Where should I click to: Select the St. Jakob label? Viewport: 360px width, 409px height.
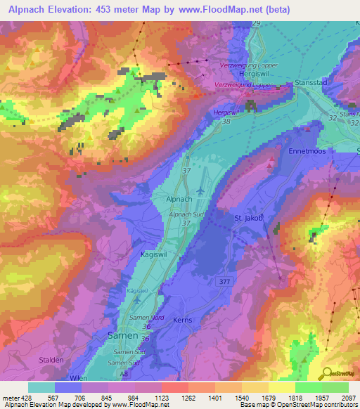248,219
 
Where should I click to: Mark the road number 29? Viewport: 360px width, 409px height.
256,24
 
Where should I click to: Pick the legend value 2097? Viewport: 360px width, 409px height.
347,397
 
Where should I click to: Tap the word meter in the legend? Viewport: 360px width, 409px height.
11,397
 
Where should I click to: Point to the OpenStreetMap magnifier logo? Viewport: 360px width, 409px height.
326,375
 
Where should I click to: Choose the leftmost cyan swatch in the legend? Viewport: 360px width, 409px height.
41,387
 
